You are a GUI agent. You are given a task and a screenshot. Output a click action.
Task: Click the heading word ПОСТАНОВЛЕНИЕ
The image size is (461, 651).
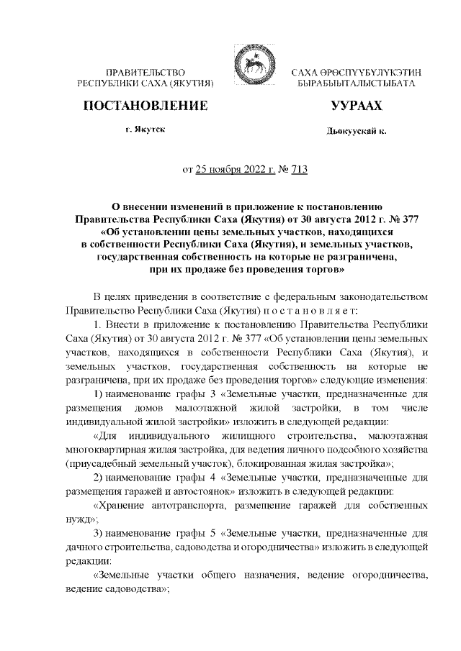pyautogui.click(x=146, y=106)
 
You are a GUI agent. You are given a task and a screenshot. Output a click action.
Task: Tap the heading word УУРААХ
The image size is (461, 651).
pyautogui.click(x=356, y=106)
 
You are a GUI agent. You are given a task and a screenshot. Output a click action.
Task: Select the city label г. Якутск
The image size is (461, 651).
pyautogui.click(x=145, y=130)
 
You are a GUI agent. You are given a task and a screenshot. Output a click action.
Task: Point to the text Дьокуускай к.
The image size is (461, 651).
pyautogui.click(x=356, y=133)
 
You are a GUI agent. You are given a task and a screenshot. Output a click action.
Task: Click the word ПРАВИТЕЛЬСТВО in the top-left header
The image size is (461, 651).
pyautogui.click(x=146, y=73)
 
